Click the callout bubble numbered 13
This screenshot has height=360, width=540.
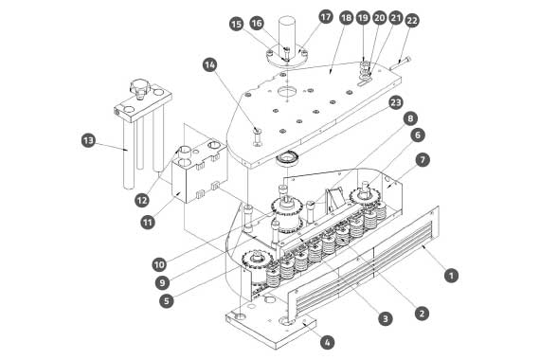coord(88,140)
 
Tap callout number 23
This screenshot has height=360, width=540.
coord(396,102)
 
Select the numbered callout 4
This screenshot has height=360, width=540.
coord(327,342)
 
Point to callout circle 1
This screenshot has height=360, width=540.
coord(451,276)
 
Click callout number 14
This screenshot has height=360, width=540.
coord(209,64)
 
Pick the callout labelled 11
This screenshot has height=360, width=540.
coord(148,223)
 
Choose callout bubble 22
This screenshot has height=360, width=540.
coord(412,21)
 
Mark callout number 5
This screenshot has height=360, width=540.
coord(167,300)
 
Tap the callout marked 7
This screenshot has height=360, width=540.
coord(423,159)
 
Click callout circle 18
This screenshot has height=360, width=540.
coord(346,18)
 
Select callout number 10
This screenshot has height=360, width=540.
coord(159,264)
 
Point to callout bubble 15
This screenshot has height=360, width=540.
coord(236,24)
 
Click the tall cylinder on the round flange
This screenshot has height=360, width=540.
coord(287,34)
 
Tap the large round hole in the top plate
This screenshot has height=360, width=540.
coord(287,91)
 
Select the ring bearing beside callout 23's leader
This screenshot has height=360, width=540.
coord(288,159)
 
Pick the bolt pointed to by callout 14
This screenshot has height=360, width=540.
coord(258,136)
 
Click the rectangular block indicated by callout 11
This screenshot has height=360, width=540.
coord(199,171)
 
